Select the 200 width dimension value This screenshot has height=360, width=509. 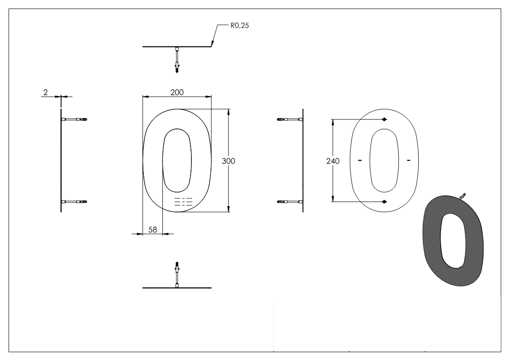[177, 92]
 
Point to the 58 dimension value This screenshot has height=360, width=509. [153, 230]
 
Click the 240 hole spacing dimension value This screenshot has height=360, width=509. [333, 161]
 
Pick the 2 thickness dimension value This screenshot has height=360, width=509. [45, 92]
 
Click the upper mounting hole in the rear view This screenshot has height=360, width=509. [384, 119]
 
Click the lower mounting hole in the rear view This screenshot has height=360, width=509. [384, 202]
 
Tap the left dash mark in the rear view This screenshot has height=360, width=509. [360, 160]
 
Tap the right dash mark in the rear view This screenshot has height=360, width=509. [409, 160]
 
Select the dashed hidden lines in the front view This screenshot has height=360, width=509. [183, 202]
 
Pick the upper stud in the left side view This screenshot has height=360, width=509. [75, 119]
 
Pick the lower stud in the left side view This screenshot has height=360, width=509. [75, 201]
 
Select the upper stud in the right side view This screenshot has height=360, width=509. [289, 119]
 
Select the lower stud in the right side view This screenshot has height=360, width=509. [289, 201]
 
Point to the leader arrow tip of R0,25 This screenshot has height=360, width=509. [212, 45]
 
